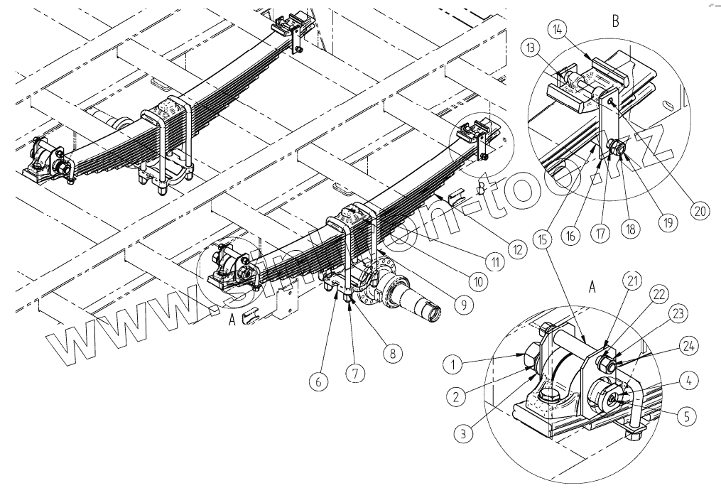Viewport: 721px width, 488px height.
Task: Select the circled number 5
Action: tap(685, 417)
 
